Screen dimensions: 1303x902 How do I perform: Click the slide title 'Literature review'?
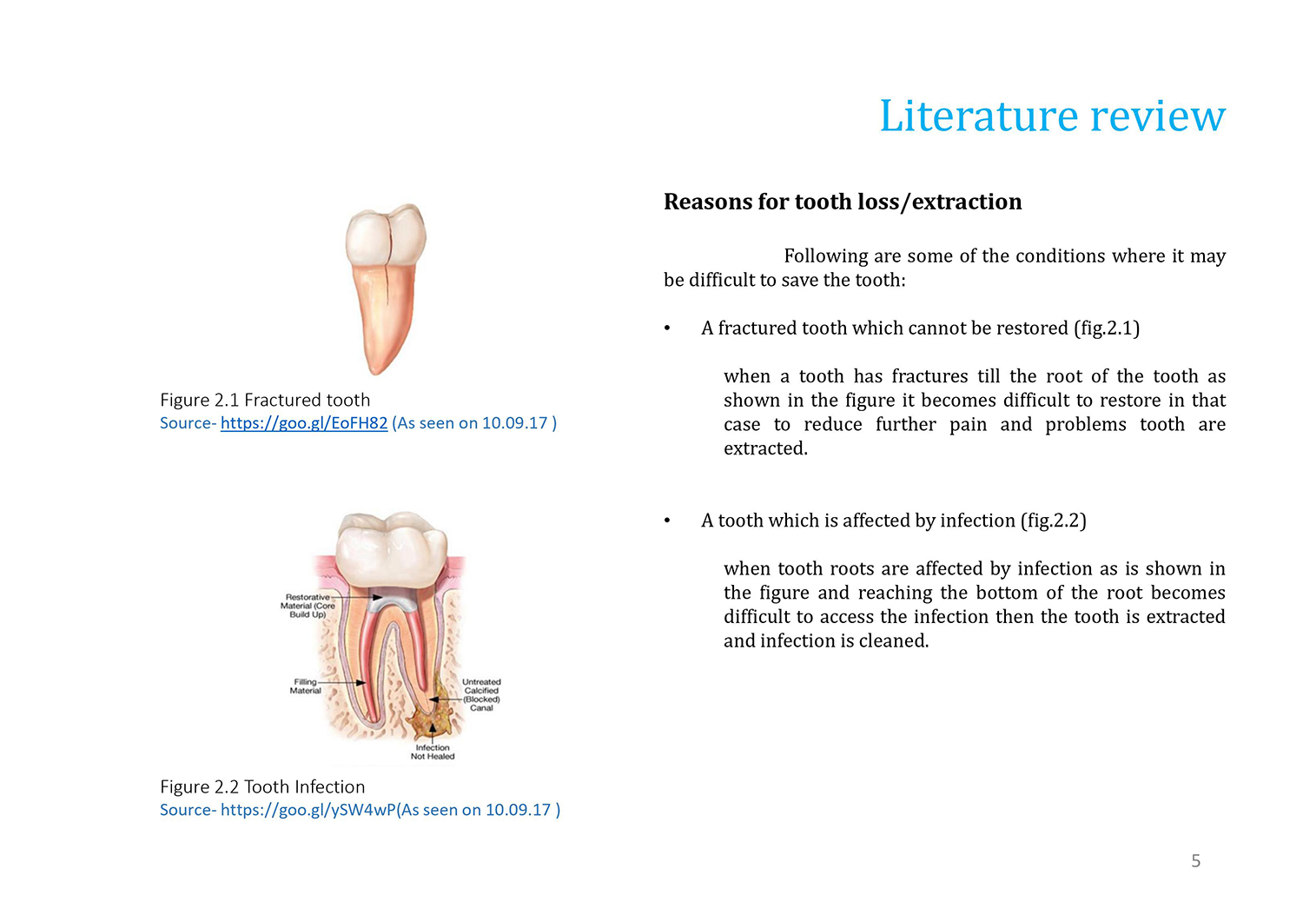coord(1052,116)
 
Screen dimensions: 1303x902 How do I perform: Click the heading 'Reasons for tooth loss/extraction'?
coord(843,202)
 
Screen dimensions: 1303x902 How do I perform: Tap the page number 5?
coord(1195,860)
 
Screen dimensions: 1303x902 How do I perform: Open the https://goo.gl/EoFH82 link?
coord(304,423)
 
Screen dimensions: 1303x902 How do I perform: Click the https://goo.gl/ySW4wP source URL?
coord(308,810)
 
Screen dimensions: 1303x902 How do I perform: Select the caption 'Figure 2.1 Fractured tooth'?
coord(265,400)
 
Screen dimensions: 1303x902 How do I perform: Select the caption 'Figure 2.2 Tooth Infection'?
coord(262,786)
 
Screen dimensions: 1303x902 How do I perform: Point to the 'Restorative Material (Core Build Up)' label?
coord(308,606)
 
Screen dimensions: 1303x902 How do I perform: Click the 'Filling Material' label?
coord(306,686)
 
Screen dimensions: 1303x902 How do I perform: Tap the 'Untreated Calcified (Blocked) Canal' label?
coord(481,695)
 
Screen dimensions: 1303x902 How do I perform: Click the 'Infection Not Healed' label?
coord(433,752)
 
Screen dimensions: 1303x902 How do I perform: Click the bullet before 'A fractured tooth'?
coord(667,328)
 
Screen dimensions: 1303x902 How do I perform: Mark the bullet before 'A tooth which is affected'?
coord(667,521)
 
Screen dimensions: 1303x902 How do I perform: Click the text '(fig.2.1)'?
coord(1107,328)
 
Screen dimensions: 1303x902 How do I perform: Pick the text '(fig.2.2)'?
coord(1054,521)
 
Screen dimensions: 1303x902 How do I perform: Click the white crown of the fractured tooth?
coord(386,235)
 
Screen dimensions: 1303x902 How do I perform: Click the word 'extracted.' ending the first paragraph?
coord(765,448)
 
